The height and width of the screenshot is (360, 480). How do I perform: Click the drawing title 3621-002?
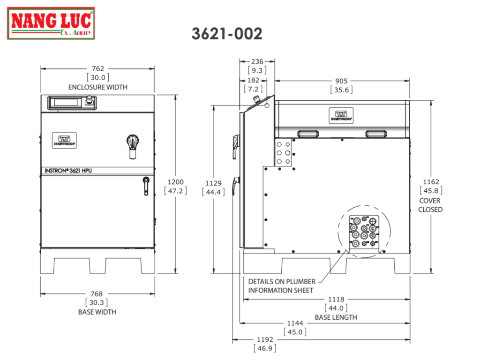click(x=227, y=34)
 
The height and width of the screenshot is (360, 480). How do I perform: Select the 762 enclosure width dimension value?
click(x=97, y=68)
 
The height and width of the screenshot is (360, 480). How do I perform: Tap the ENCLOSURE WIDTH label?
click(x=97, y=87)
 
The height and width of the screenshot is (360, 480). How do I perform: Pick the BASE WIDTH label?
click(x=97, y=312)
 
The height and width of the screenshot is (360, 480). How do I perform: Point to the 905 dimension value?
click(x=341, y=81)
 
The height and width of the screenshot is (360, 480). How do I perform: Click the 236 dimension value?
click(x=257, y=61)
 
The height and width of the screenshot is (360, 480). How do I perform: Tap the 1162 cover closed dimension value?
click(x=431, y=182)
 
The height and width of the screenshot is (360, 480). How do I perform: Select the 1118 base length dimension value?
click(x=336, y=299)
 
